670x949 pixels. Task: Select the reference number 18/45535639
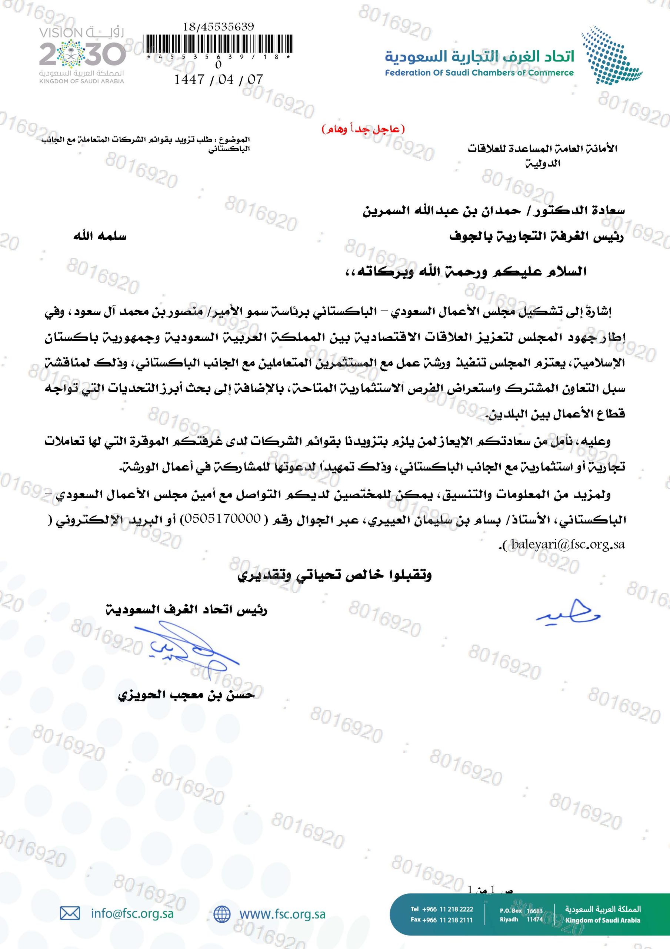218,27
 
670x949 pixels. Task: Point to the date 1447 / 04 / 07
218,79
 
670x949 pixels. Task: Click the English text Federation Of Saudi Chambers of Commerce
479,73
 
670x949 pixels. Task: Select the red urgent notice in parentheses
363,129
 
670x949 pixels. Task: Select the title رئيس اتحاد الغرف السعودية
186,610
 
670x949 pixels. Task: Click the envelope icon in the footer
70,913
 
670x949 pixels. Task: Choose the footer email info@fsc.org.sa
132,913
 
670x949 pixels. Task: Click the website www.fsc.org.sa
283,913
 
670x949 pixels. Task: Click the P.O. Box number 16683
534,910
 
